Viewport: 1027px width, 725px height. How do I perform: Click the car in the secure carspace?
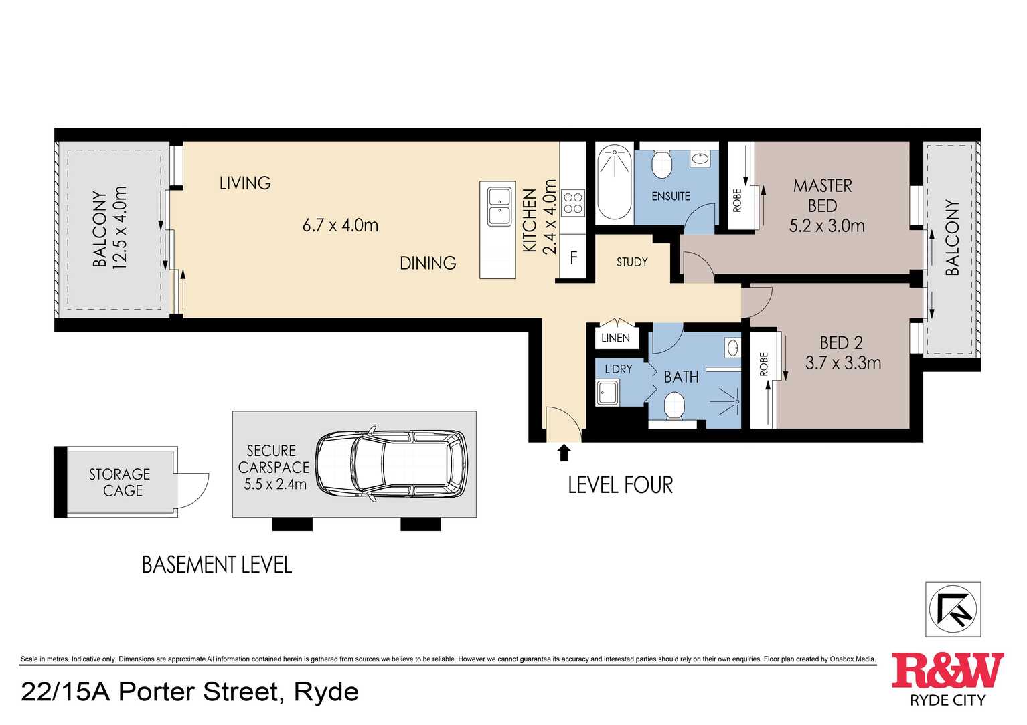pyautogui.click(x=392, y=463)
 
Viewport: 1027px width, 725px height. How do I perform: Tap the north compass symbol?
pyautogui.click(x=953, y=609)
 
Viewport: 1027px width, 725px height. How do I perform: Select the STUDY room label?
pyautogui.click(x=632, y=262)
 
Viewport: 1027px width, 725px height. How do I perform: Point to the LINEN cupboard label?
pyautogui.click(x=615, y=338)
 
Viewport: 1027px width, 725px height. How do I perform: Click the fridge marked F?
pyautogui.click(x=573, y=257)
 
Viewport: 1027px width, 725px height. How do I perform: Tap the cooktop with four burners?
pyautogui.click(x=572, y=203)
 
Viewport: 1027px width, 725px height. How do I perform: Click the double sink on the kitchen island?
pyautogui.click(x=498, y=207)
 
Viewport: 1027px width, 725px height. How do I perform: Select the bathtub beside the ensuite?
pyautogui.click(x=615, y=183)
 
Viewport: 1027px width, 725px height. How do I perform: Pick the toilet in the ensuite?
pyautogui.click(x=661, y=163)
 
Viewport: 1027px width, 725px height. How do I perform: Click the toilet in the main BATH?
pyautogui.click(x=674, y=406)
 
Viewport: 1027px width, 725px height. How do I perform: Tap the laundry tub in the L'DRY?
pyautogui.click(x=608, y=393)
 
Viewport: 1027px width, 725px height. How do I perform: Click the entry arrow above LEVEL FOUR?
pyautogui.click(x=564, y=453)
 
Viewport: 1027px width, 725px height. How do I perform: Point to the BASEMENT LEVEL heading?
pyautogui.click(x=217, y=564)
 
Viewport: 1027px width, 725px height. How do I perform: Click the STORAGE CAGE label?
pyautogui.click(x=120, y=482)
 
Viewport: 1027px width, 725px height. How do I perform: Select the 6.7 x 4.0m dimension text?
pyautogui.click(x=340, y=225)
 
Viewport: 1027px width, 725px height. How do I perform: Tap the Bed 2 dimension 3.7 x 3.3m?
pyautogui.click(x=843, y=363)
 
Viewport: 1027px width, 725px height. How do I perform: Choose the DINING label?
pyautogui.click(x=428, y=263)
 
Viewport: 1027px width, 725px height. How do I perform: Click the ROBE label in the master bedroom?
pyautogui.click(x=737, y=201)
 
